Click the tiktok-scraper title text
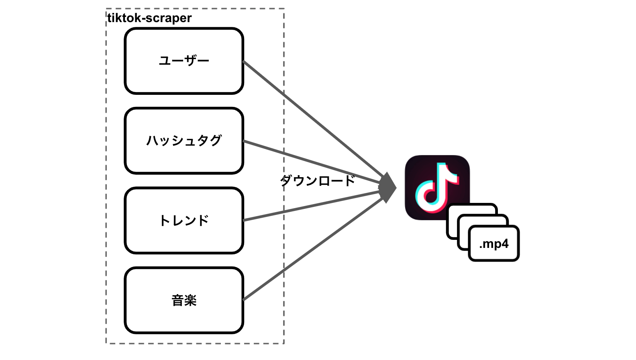(149, 18)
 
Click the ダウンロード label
(317, 180)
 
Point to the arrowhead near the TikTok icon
(387, 188)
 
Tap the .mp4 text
(493, 244)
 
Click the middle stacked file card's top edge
(484, 216)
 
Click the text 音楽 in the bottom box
(184, 301)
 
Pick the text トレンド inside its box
(184, 221)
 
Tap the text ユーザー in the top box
(184, 61)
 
